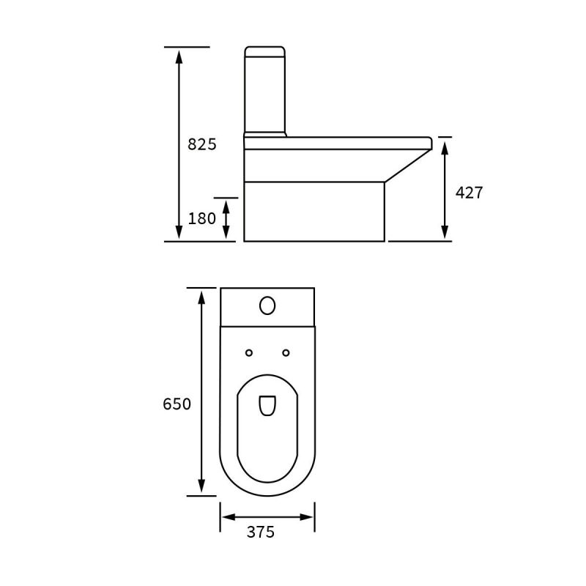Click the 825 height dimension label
coord(202,144)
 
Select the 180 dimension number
coord(202,218)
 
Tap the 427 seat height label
coord(469,193)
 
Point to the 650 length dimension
coord(177,404)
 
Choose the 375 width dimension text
coord(261,532)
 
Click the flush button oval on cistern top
coord(267,305)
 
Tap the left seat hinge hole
coord(249,353)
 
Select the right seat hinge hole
coord(286,353)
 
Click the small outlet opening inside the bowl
coord(267,406)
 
